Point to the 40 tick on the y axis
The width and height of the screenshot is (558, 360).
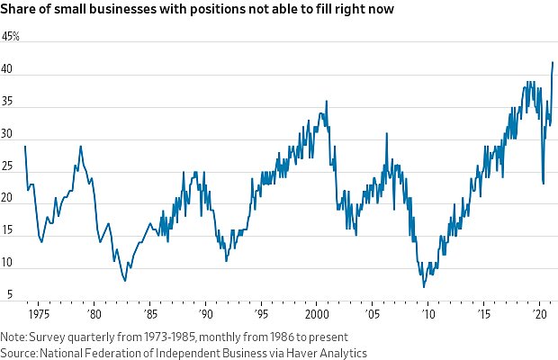[7, 70]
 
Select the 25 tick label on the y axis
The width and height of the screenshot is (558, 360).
[7, 166]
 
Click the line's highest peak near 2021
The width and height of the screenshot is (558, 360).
[552, 63]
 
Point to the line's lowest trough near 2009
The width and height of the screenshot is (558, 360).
[423, 287]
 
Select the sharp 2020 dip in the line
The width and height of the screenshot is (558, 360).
[543, 184]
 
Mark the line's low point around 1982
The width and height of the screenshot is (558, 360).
[125, 281]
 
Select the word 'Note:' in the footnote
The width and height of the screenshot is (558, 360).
[14, 337]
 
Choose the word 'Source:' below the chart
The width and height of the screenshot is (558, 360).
[20, 353]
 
